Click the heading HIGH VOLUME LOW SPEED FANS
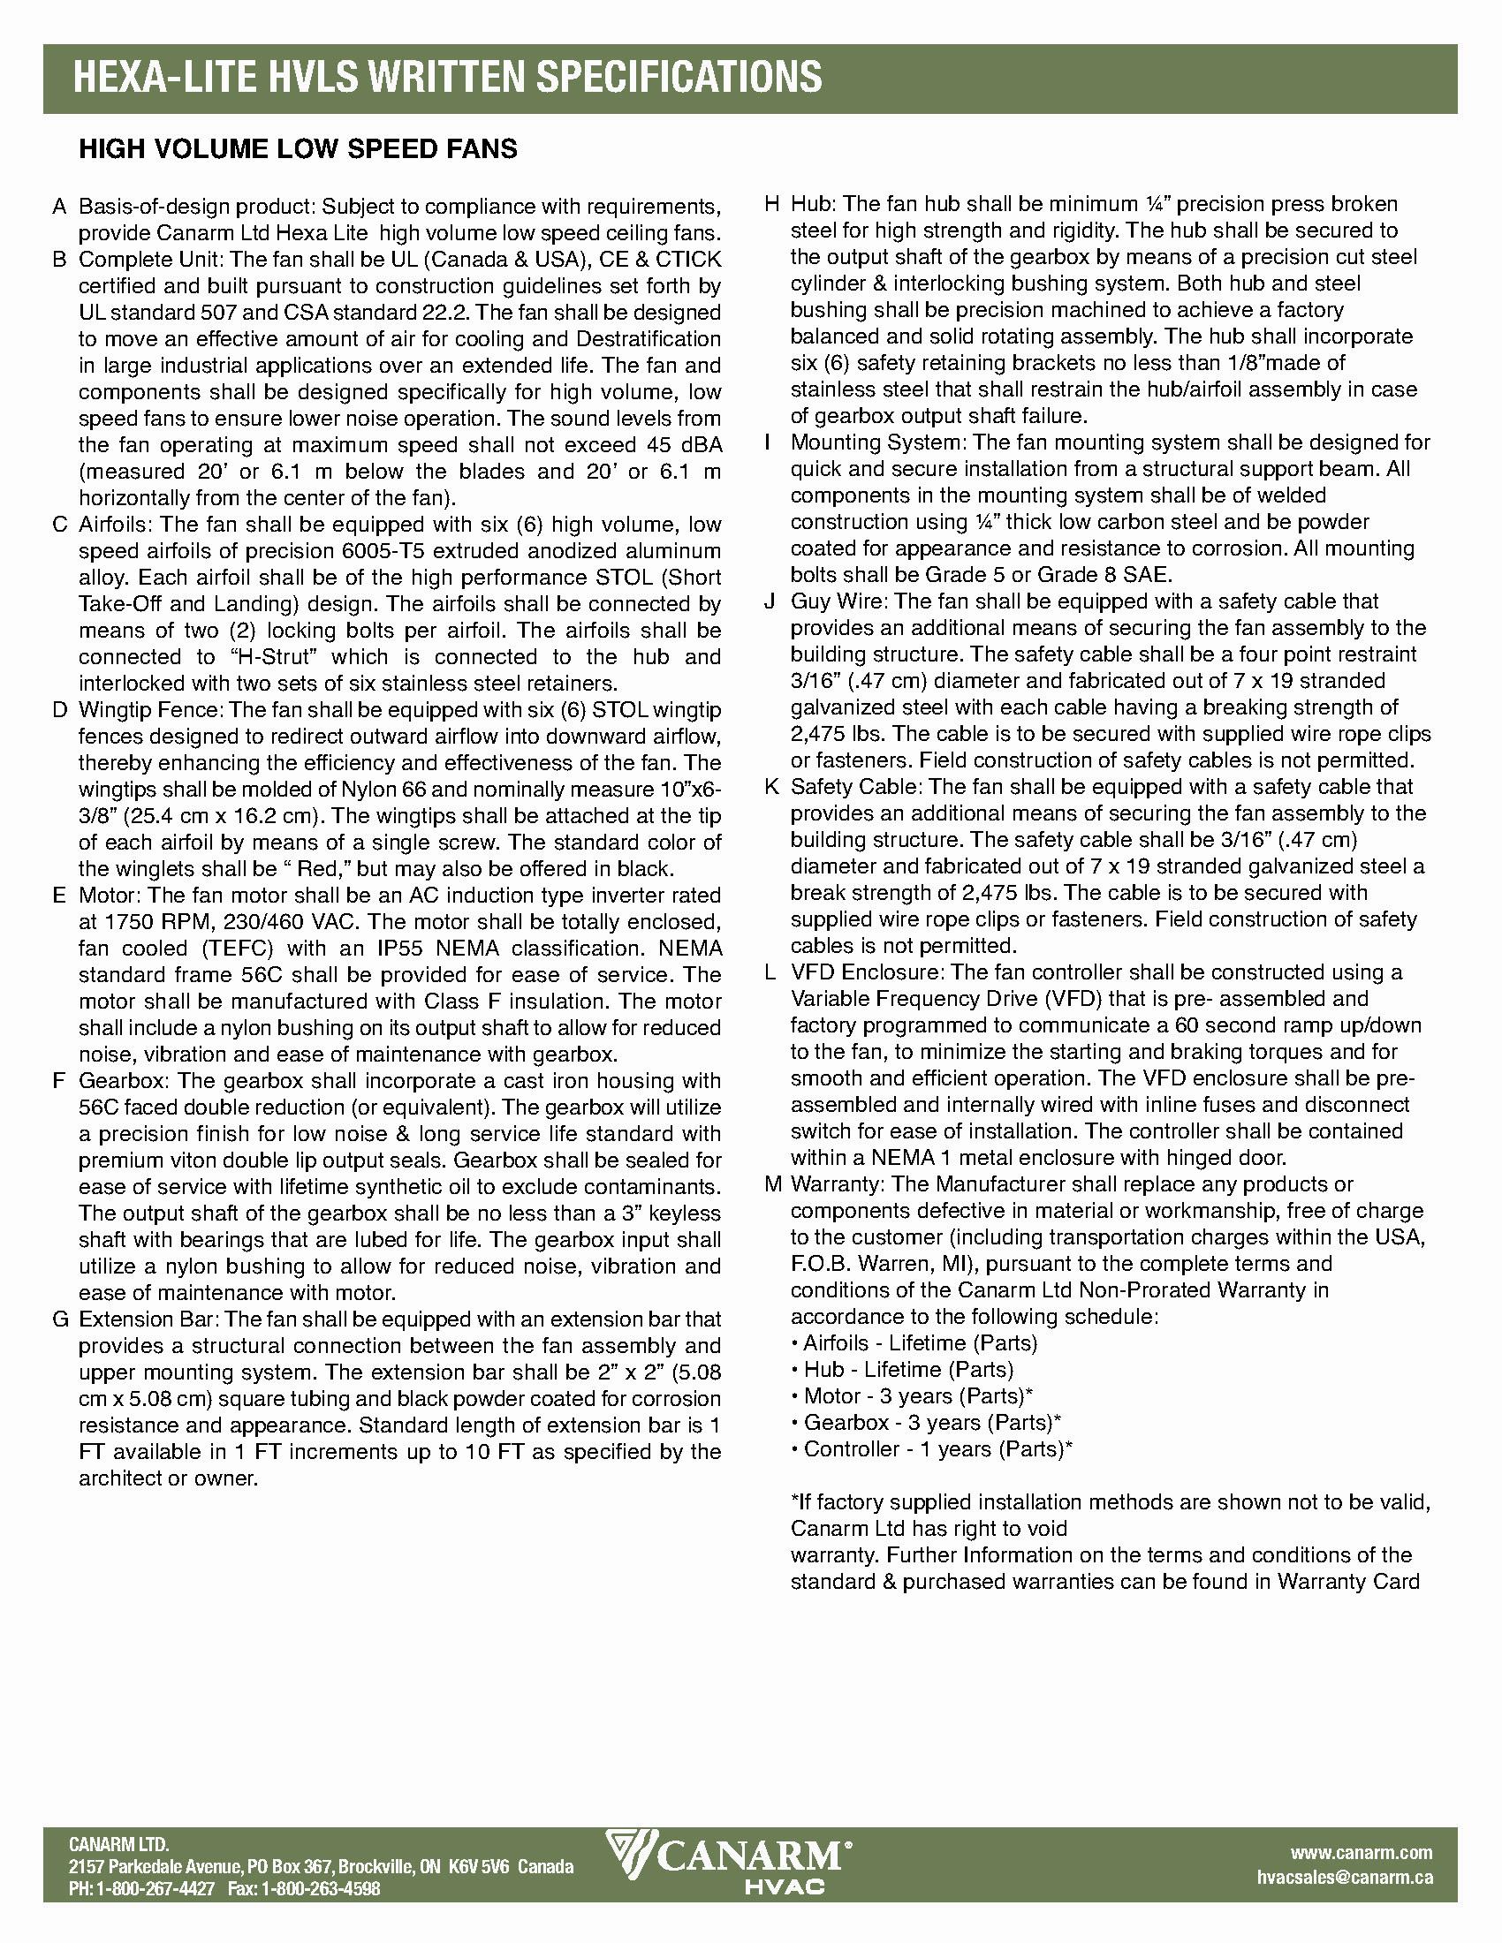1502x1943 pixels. pos(298,148)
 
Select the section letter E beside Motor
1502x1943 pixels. pos(59,896)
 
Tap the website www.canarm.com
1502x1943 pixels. pos(1362,1851)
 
